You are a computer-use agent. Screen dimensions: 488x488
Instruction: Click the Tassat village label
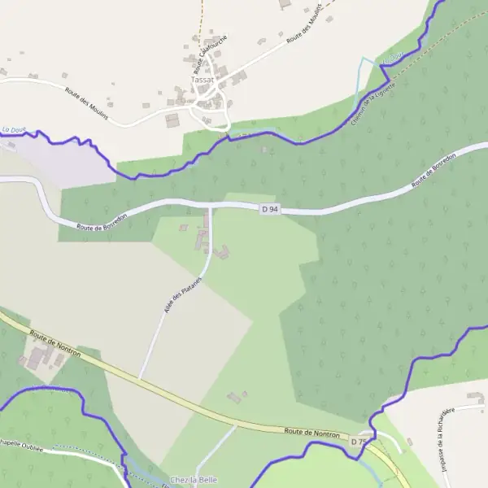point(203,80)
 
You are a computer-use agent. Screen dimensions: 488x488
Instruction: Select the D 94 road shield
point(270,209)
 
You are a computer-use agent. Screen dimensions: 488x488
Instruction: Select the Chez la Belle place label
point(194,480)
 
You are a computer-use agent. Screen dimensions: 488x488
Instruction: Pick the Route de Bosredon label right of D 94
point(431,172)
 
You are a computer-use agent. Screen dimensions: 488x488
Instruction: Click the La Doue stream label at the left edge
point(15,129)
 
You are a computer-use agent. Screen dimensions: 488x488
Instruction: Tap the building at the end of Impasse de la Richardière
point(475,397)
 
